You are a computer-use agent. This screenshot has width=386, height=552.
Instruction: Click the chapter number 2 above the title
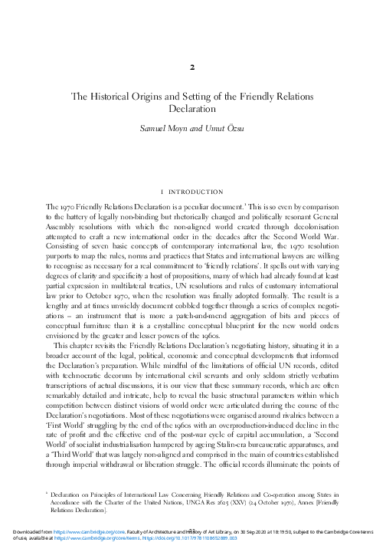pyautogui.click(x=194, y=67)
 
